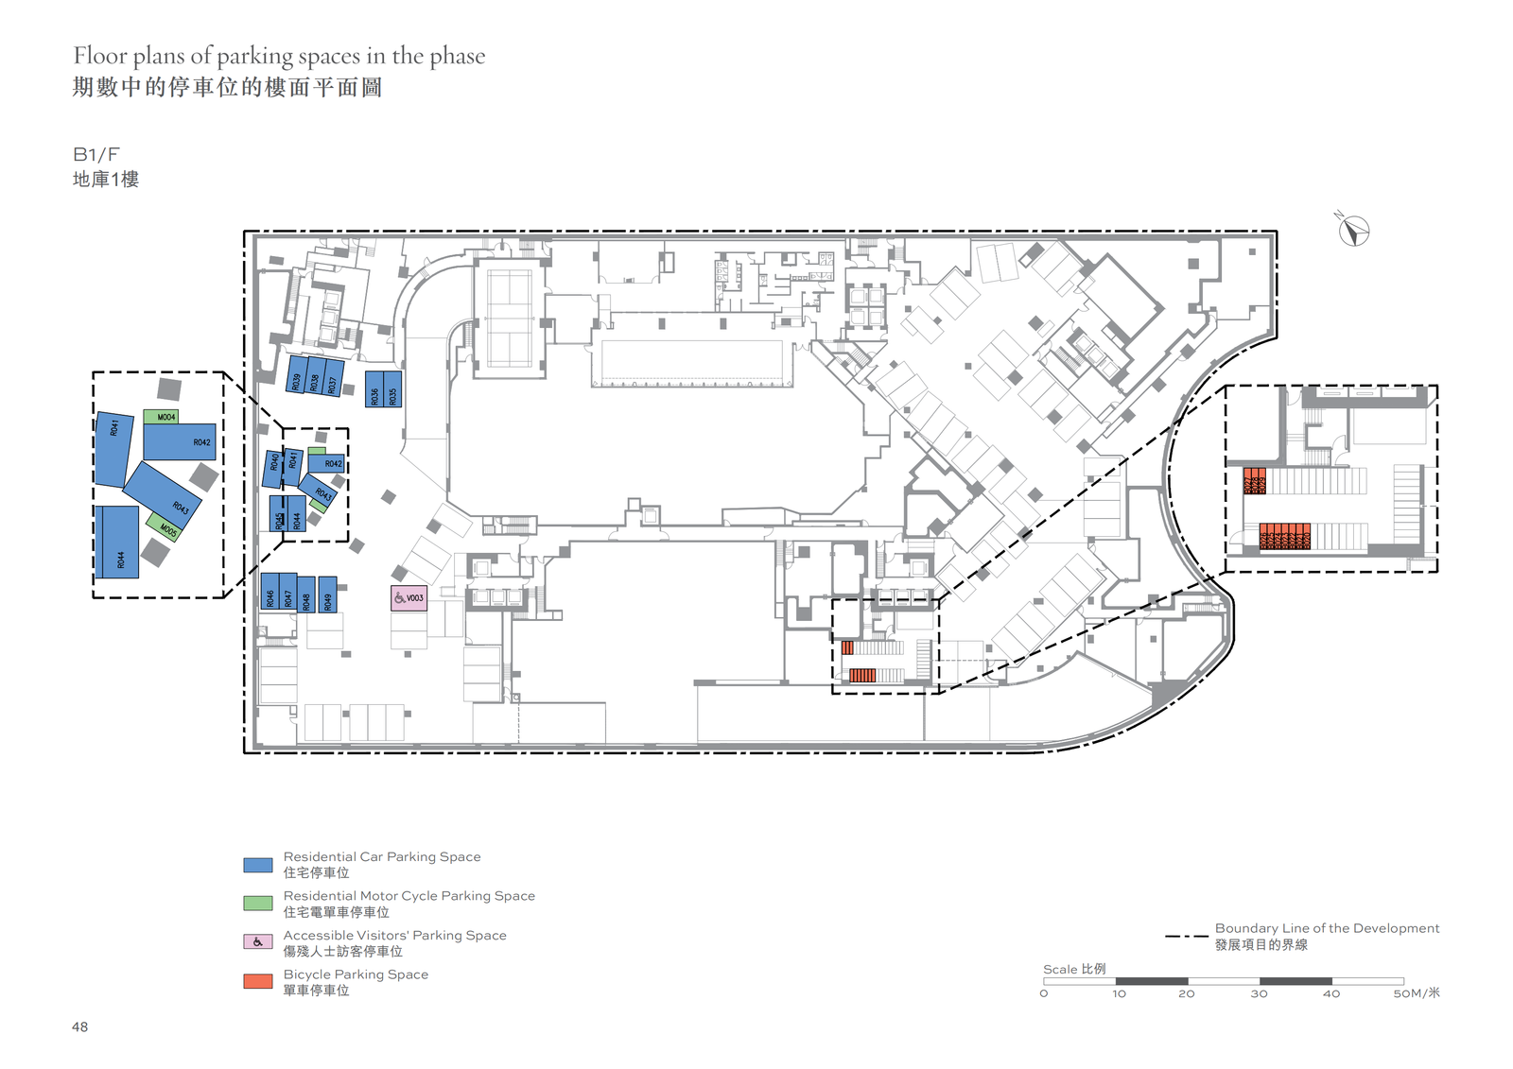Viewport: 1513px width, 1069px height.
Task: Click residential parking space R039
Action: click(x=297, y=374)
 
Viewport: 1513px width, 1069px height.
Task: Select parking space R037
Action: click(x=333, y=378)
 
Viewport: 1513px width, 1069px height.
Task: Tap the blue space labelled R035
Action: click(x=392, y=388)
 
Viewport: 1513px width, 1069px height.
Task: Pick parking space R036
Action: click(x=374, y=388)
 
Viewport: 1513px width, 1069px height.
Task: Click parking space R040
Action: click(x=273, y=468)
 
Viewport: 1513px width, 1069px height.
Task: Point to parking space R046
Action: click(x=270, y=592)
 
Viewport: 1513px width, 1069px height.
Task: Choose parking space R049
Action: click(x=327, y=595)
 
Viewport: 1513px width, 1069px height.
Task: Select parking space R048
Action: click(x=306, y=595)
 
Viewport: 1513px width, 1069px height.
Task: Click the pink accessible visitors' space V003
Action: click(x=409, y=598)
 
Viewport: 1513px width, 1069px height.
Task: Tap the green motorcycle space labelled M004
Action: click(x=161, y=417)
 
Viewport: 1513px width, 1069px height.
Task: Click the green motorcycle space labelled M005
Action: click(x=164, y=526)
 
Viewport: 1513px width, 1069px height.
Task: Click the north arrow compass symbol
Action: click(x=1353, y=231)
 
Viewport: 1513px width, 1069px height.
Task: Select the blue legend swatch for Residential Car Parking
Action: click(x=258, y=865)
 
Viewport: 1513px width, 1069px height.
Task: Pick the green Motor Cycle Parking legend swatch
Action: click(x=258, y=904)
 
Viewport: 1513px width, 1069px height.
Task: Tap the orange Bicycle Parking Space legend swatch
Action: click(x=258, y=982)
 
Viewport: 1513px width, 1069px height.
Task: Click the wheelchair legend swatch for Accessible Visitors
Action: click(x=258, y=942)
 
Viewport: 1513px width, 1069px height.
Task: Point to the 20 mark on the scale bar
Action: click(x=1187, y=993)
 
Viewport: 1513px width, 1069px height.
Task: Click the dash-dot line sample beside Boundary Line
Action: click(x=1186, y=937)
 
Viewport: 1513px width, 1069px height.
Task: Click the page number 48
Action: click(x=80, y=1027)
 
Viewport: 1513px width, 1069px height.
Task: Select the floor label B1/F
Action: click(x=96, y=155)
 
